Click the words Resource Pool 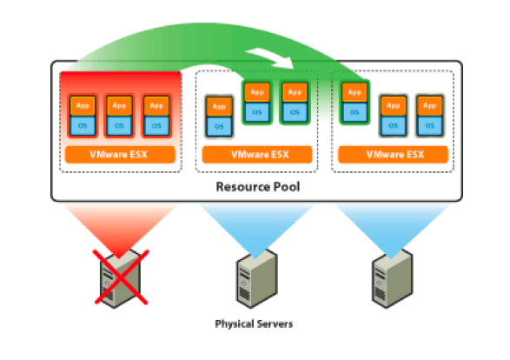pos(258,186)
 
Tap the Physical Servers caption pos(254,323)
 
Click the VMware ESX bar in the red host pos(120,154)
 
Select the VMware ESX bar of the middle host pos(257,154)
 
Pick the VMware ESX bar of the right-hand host pos(394,154)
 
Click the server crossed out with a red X pos(121,278)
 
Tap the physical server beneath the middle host pos(256,278)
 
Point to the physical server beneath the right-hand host pos(393,278)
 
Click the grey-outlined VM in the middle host pos(219,117)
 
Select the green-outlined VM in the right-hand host pos(354,103)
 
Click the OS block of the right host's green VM pos(354,113)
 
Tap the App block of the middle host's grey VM pos(219,107)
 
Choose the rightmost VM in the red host pos(156,116)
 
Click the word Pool pos(286,186)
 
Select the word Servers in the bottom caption pos(275,323)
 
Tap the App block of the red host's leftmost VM pos(83,106)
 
